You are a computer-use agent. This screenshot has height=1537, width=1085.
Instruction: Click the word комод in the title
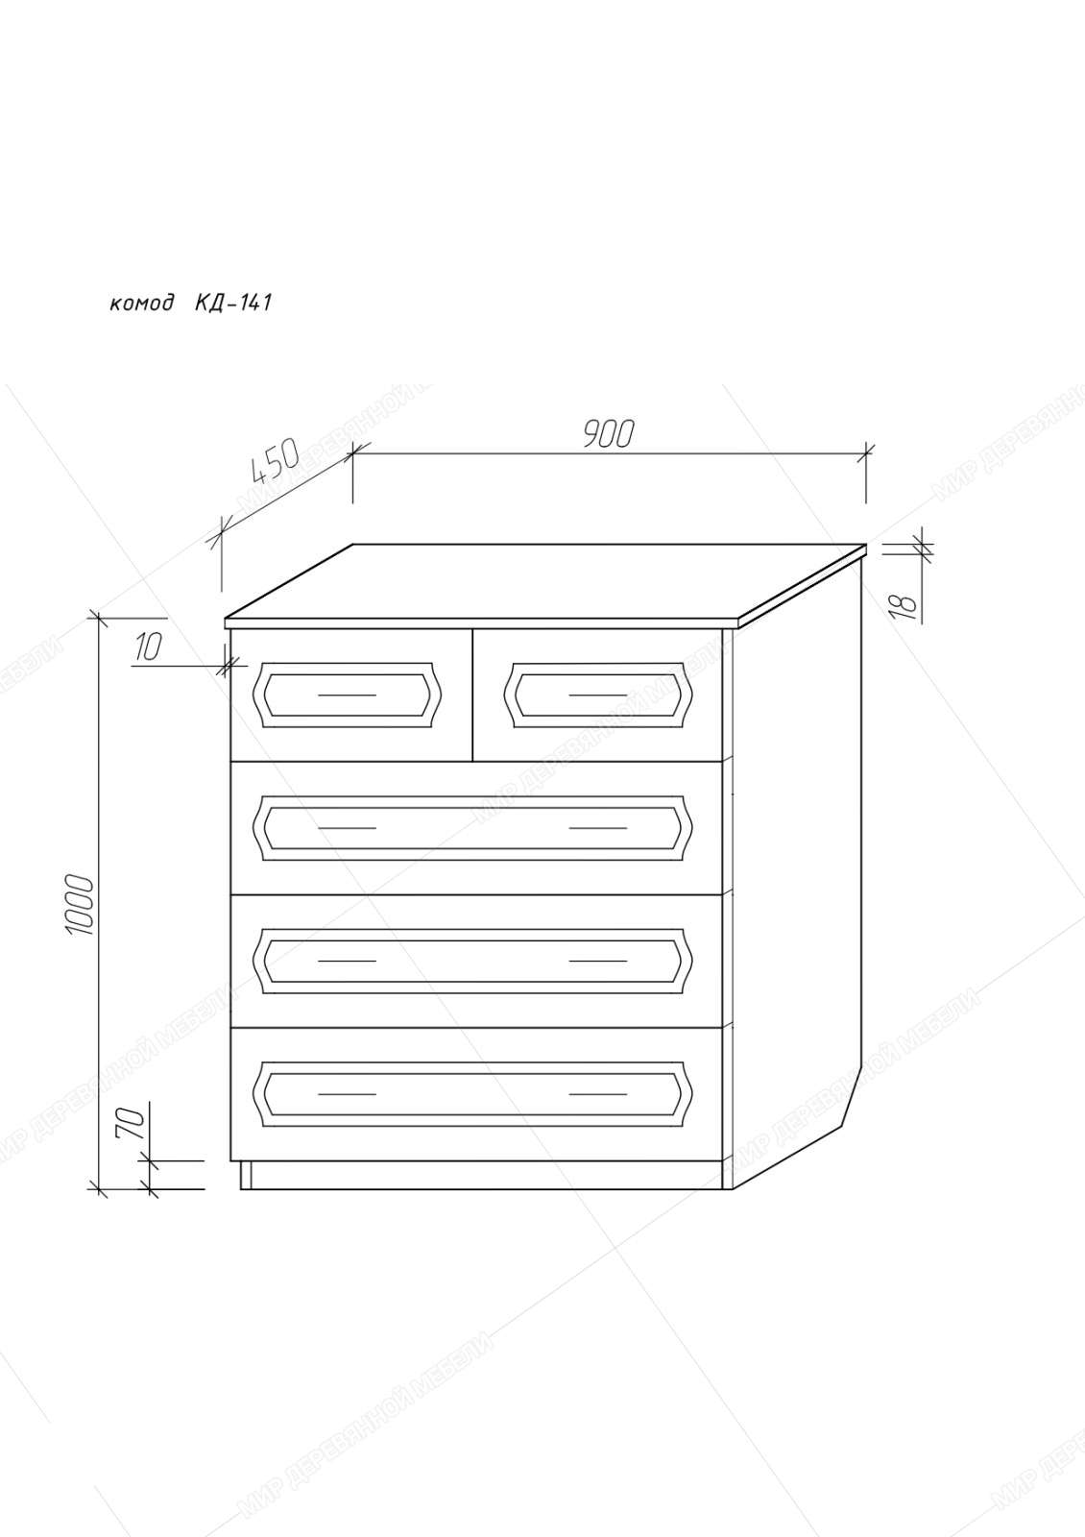tap(141, 303)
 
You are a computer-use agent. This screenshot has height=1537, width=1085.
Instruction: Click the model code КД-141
tap(233, 302)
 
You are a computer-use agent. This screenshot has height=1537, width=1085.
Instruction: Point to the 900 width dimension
tap(609, 433)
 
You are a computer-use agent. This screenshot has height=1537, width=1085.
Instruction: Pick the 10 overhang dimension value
tap(148, 647)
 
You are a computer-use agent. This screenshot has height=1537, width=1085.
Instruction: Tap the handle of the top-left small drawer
tap(347, 695)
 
